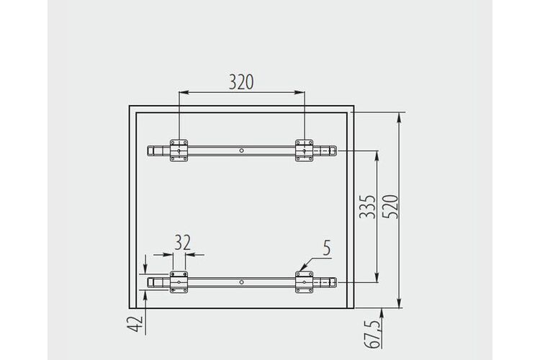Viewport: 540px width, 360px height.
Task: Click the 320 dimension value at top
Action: coord(241,82)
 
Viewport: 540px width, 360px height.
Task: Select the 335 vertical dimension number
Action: coord(367,207)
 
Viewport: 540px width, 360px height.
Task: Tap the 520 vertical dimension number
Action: coord(390,207)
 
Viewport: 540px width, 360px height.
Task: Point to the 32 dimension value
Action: coord(183,243)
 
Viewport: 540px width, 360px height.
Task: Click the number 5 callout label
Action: coord(327,248)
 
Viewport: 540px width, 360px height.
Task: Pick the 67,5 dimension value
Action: coord(373,334)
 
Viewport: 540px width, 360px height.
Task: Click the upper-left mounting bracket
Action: coord(179,150)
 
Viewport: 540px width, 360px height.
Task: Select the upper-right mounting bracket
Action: coord(304,150)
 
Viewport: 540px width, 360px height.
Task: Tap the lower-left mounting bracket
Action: coord(179,282)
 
